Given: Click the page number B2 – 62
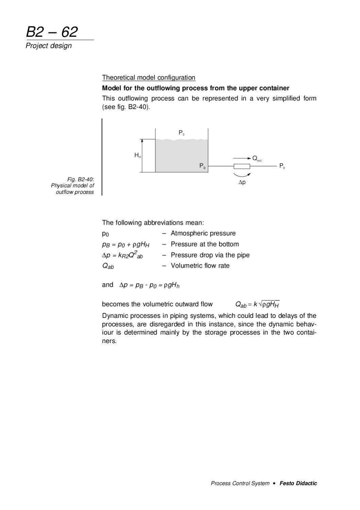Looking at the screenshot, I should tap(52, 32).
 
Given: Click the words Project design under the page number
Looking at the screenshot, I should tap(49, 46).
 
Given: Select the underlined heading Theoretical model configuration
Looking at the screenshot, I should tap(149, 78).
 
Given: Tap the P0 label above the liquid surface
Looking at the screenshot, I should tap(181, 133).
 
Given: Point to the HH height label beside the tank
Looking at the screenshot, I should tap(137, 155).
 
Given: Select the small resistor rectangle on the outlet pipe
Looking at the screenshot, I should tap(242, 166).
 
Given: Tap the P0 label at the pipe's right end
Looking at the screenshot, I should tap(282, 166).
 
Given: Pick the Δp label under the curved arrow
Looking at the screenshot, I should tap(242, 182).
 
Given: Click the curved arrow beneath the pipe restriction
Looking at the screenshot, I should tap(242, 175).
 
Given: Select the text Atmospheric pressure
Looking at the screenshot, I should tap(203, 233).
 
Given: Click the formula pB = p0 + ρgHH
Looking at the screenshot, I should tap(125, 244).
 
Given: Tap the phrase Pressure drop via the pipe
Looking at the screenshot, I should tap(210, 255).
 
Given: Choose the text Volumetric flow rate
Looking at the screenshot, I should tap(200, 266).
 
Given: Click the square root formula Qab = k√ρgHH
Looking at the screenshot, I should tap(257, 304).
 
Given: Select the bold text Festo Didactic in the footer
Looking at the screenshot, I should tap(298, 483).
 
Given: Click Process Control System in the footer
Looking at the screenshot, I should tap(240, 483).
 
